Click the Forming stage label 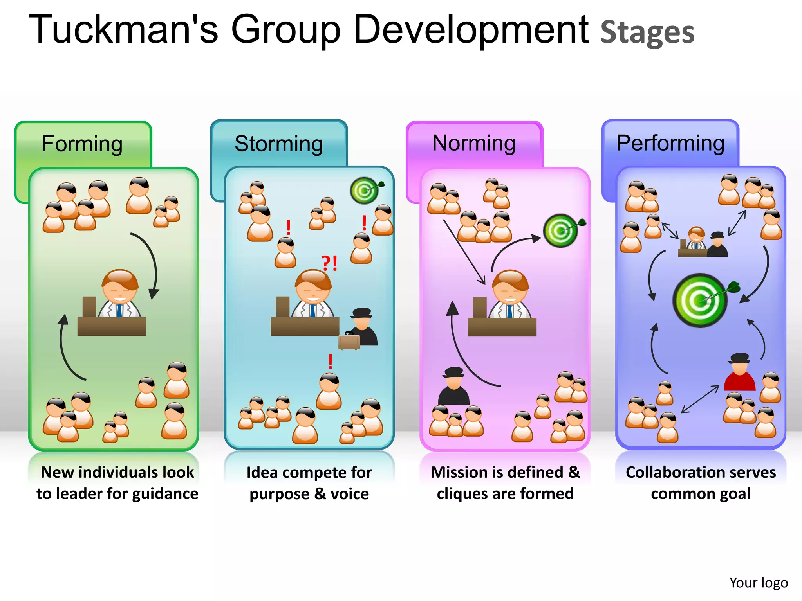click(82, 144)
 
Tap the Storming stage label click(278, 144)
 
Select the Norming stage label click(474, 143)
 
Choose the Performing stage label click(670, 143)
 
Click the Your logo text click(758, 583)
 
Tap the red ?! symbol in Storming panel click(329, 263)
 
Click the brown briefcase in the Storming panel click(349, 341)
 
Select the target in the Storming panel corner click(365, 191)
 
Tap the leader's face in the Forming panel click(119, 290)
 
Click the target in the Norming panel click(561, 230)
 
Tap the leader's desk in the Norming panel click(502, 327)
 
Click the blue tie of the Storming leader click(312, 311)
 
